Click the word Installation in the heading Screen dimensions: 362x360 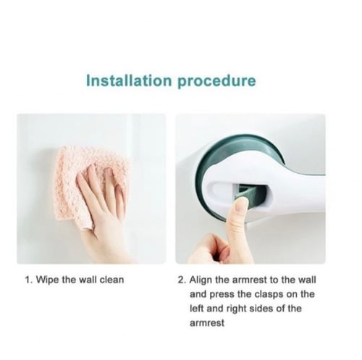129,80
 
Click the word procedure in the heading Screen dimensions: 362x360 216,82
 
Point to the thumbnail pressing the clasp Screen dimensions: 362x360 242,205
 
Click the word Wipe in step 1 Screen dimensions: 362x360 48,280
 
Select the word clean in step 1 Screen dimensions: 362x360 112,280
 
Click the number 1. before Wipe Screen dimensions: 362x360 29,280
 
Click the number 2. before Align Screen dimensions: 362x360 182,280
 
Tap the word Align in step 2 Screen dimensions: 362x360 201,280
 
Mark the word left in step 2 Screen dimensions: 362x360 197,309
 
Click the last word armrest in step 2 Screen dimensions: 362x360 207,323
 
